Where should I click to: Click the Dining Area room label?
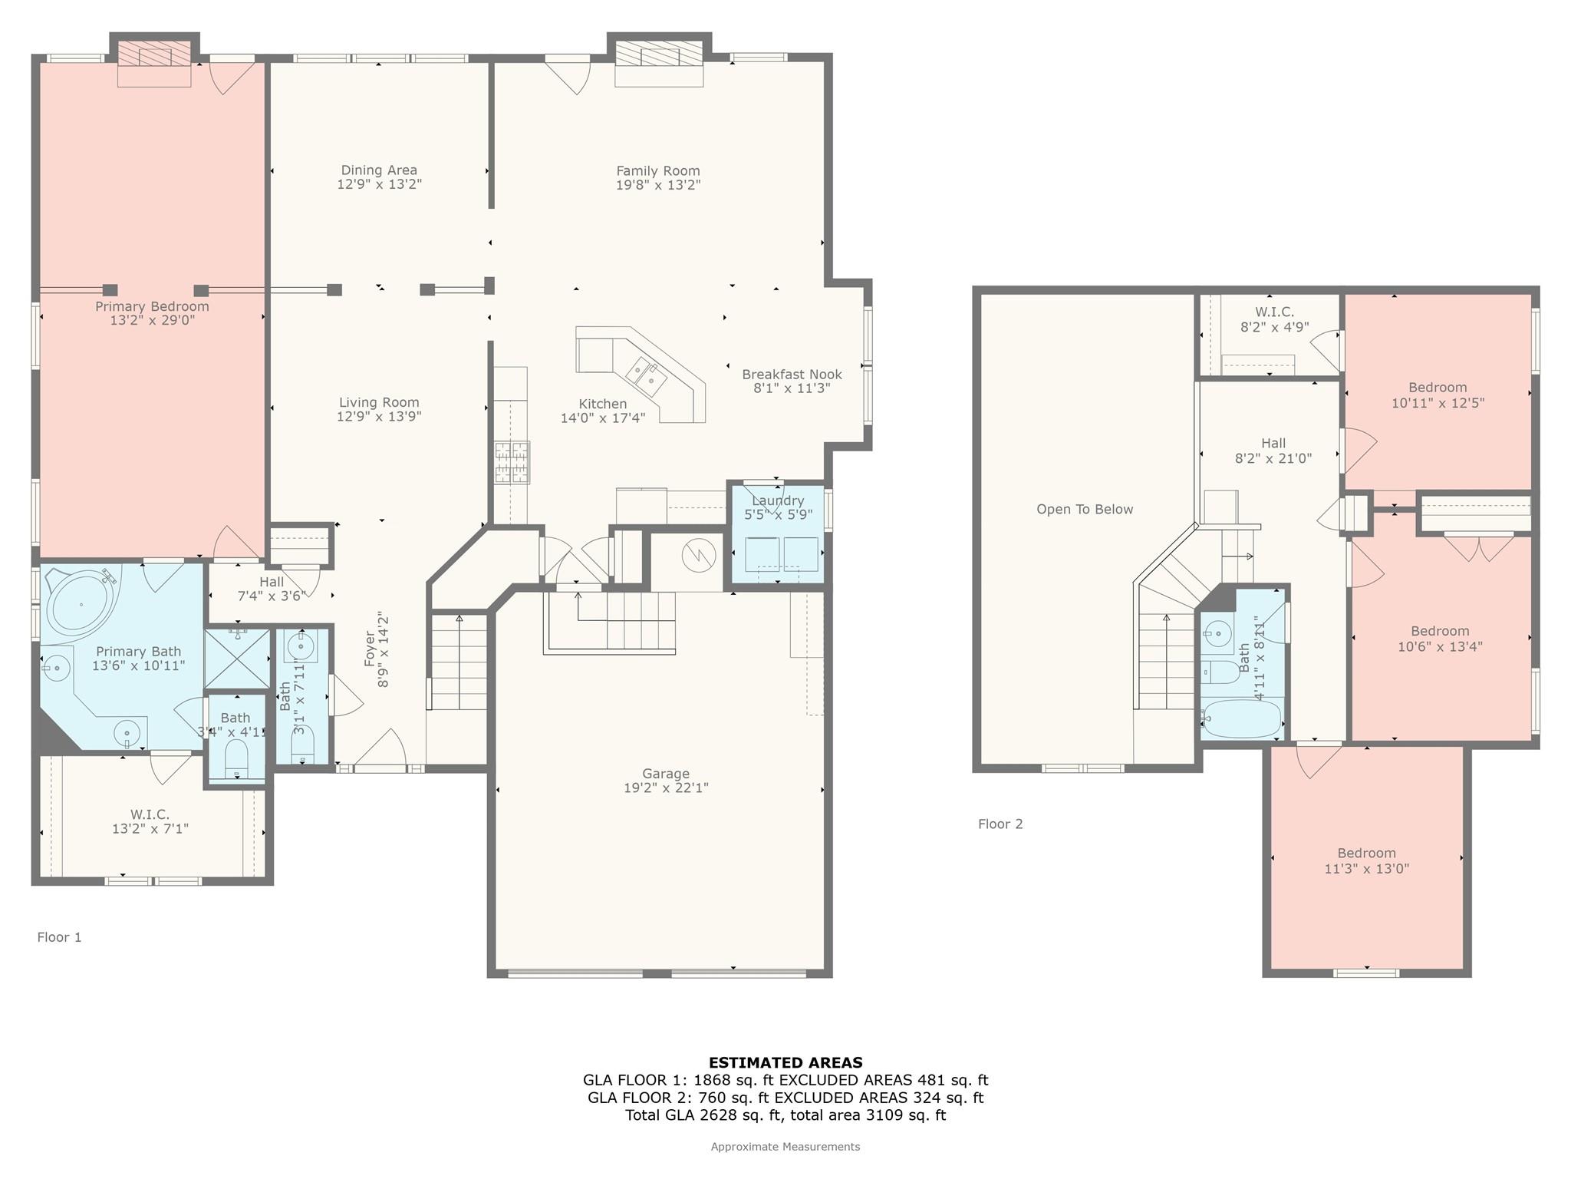click(x=379, y=170)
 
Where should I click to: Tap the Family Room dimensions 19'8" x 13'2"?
click(x=658, y=185)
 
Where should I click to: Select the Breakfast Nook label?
click(x=792, y=375)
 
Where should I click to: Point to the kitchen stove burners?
click(x=512, y=461)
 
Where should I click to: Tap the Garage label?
click(x=666, y=774)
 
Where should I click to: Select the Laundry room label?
click(x=778, y=501)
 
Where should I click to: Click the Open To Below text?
click(x=1085, y=510)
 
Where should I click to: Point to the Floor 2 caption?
click(x=1000, y=824)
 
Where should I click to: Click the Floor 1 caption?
click(x=59, y=937)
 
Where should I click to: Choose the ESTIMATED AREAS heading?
click(x=785, y=1063)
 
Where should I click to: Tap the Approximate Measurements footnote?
click(x=785, y=1147)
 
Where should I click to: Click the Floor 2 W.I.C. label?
click(x=1274, y=312)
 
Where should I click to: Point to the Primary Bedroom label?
click(x=152, y=306)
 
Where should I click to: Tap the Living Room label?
click(x=379, y=402)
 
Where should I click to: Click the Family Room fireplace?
click(x=660, y=64)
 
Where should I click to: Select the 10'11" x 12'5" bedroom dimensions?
click(x=1438, y=403)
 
